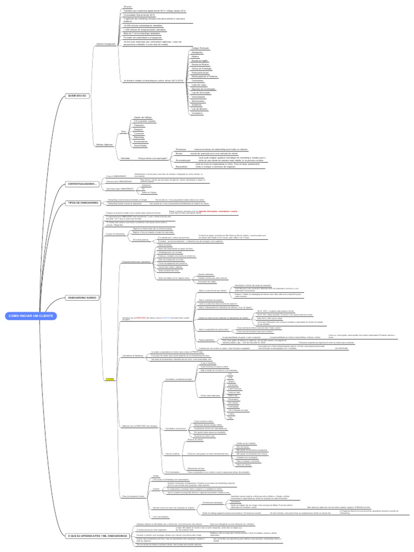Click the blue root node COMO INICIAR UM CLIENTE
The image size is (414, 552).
[x=31, y=315]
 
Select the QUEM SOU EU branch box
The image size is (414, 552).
[x=77, y=95]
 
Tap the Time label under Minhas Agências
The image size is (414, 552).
[x=123, y=131]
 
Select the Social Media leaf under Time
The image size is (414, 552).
[x=140, y=146]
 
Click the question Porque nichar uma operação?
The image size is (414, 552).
[x=152, y=158]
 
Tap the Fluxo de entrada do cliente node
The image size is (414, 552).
[x=135, y=495]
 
